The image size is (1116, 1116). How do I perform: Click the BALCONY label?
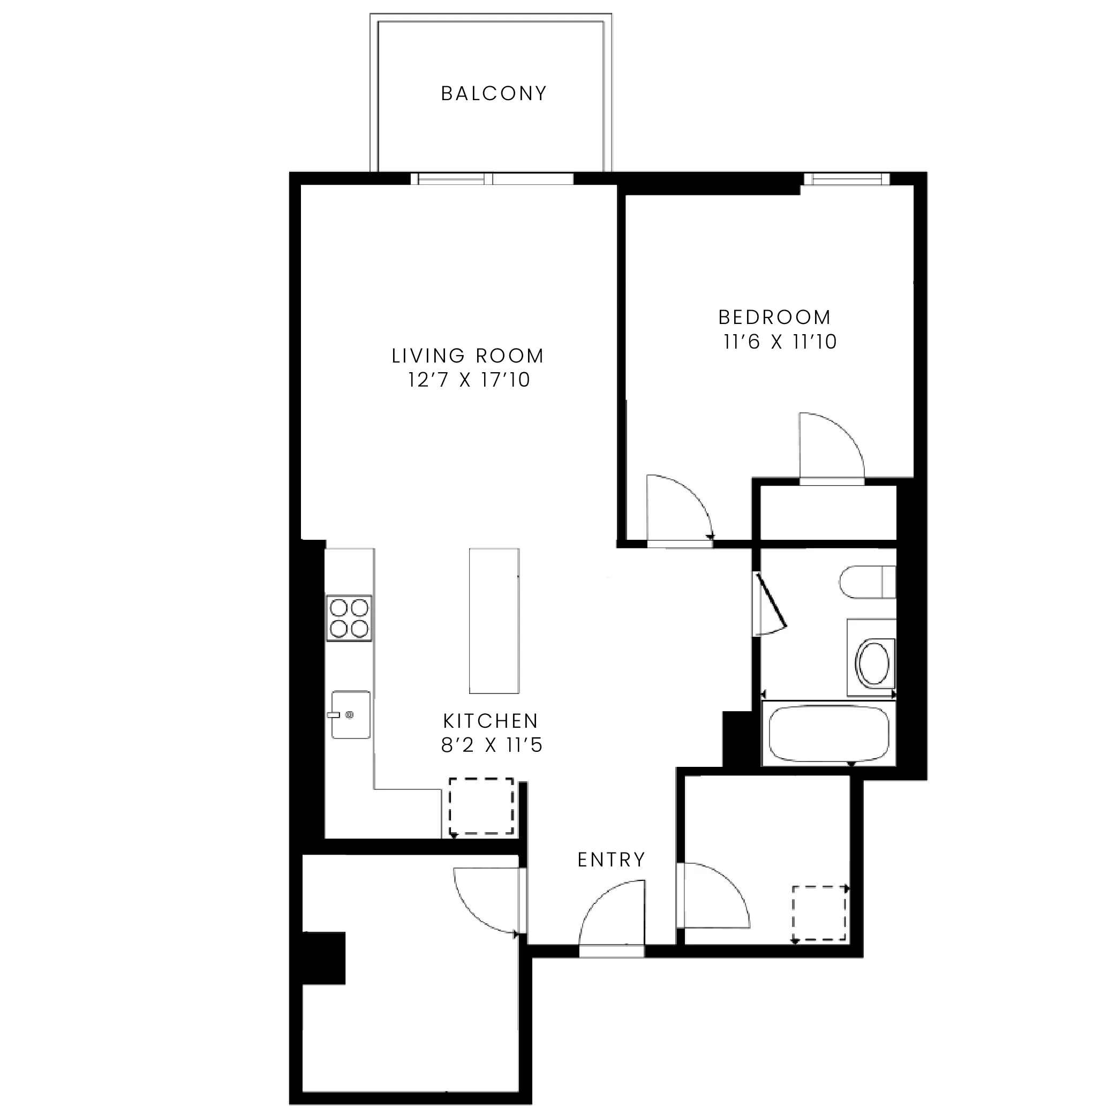(494, 94)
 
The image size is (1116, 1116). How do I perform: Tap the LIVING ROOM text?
(468, 356)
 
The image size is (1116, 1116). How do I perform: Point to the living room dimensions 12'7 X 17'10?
(469, 380)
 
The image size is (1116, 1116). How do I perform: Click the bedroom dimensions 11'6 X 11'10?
(780, 342)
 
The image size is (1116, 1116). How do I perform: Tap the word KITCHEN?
(491, 721)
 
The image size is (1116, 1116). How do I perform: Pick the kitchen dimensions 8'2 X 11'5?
(492, 746)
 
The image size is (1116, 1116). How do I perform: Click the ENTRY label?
(611, 859)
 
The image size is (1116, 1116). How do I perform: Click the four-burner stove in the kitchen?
(349, 618)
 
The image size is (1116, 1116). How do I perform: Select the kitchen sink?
(351, 714)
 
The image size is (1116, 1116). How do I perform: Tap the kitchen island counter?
(494, 621)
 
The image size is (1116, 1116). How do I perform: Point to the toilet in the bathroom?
(867, 582)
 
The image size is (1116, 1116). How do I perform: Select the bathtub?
(828, 734)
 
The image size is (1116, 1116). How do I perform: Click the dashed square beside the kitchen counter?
(481, 806)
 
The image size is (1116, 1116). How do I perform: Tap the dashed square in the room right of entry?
(819, 914)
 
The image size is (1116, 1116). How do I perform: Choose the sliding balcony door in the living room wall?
(492, 178)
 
